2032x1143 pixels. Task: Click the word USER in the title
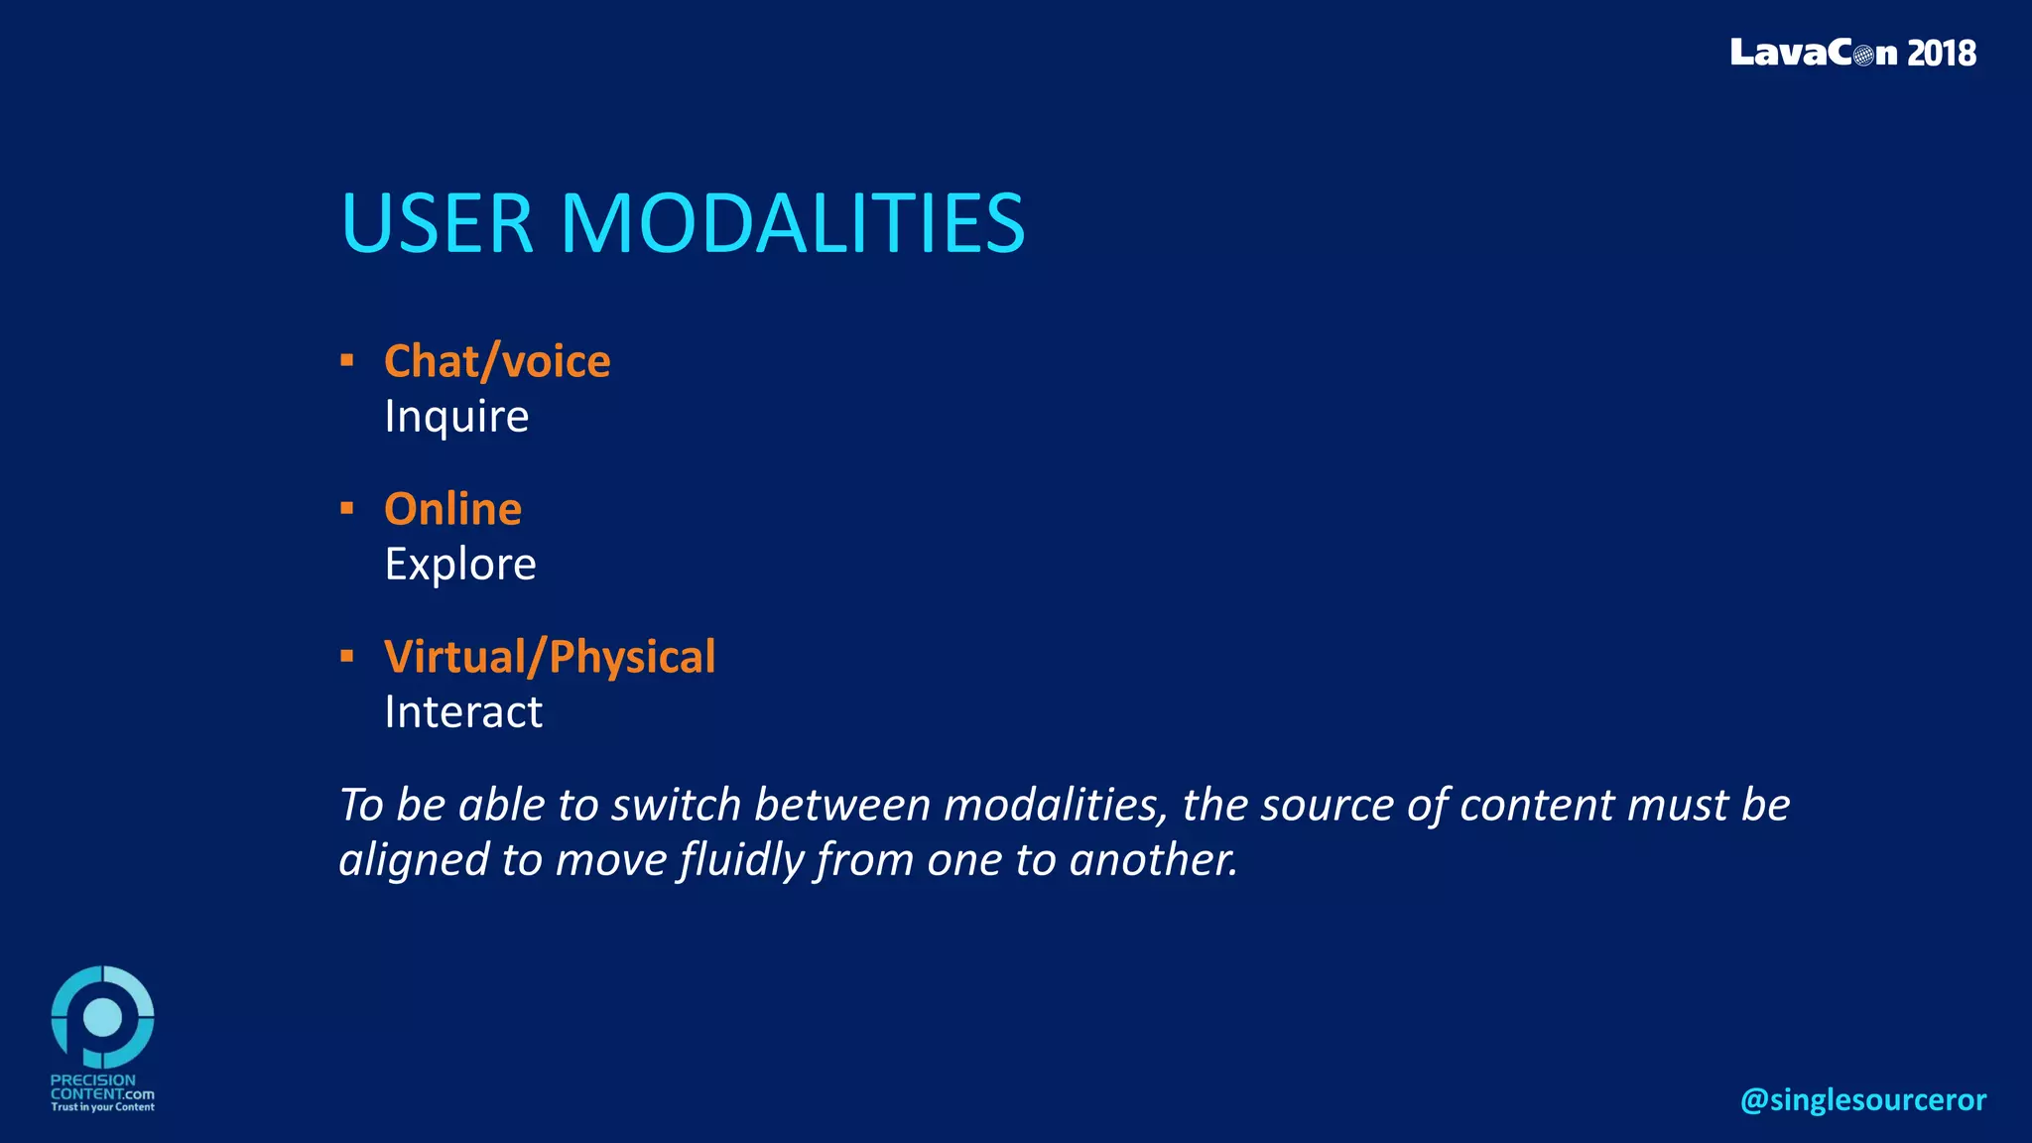pos(438,223)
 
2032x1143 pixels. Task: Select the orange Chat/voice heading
pos(497,361)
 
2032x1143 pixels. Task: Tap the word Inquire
pos(456,417)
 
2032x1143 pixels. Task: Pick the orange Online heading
pos(452,509)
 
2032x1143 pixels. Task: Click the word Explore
pos(460,565)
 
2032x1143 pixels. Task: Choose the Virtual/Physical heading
pos(550,657)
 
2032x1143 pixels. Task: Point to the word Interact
pos(463,712)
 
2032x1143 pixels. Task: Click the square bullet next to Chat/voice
pos(346,360)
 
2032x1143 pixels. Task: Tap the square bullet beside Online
pos(346,509)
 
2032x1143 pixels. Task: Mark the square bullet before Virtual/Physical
pos(346,656)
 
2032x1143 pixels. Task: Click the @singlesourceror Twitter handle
pos(1862,1099)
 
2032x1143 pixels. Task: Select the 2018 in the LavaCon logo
pos(1941,53)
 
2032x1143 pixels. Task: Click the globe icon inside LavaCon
pos(1862,55)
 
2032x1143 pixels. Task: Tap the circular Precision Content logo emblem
pos(102,1017)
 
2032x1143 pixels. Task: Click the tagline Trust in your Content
pos(102,1107)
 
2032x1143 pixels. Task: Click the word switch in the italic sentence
pos(676,805)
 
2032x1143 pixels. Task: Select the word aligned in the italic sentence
pos(414,860)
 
